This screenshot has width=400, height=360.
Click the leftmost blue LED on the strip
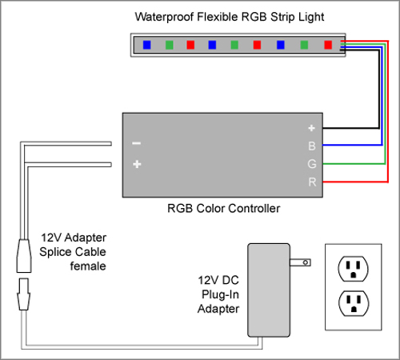pos(147,45)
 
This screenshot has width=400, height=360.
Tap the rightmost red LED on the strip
pos(328,45)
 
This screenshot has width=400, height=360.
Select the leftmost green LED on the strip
pos(170,45)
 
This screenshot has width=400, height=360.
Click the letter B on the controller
pos(312,146)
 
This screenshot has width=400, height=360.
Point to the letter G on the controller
pos(312,164)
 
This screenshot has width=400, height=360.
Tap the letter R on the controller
pos(312,182)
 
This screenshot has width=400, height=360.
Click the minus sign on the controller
pos(137,143)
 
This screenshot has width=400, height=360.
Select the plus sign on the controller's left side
pos(137,164)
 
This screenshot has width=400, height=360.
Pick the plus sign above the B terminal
pos(311,128)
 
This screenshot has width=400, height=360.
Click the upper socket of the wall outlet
pos(353,269)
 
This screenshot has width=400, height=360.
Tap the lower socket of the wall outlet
pos(354,303)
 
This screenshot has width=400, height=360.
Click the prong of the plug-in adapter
pos(300,262)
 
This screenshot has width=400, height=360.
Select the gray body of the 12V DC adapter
pos(269,290)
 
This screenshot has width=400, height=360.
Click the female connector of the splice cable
pos(24,256)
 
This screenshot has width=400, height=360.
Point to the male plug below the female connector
pos(24,294)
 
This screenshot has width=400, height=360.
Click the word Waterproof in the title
pos(164,17)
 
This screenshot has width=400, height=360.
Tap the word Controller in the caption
pos(252,208)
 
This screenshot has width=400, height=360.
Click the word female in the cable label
pos(88,266)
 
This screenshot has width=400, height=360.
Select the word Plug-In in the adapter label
pos(220,294)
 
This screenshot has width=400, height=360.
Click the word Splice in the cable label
pos(56,252)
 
